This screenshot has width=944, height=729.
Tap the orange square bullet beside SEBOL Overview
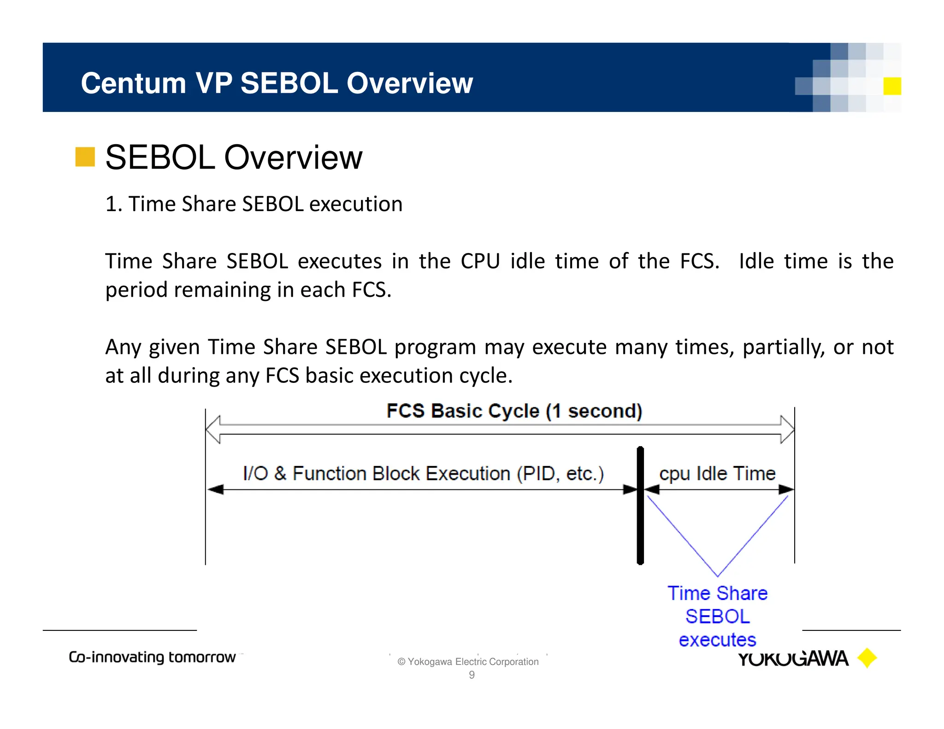tap(85, 157)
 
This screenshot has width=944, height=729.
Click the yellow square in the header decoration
tap(892, 86)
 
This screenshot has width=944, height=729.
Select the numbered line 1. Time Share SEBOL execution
tap(254, 204)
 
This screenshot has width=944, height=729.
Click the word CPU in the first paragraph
tap(480, 261)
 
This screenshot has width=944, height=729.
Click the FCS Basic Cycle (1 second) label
tap(514, 411)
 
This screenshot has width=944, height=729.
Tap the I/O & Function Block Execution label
tap(423, 474)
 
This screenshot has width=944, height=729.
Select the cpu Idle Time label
tap(717, 474)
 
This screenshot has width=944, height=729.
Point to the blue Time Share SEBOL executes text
tap(717, 616)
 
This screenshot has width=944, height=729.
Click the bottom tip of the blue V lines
tap(717, 576)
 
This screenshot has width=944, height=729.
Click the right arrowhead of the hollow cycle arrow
tap(787, 429)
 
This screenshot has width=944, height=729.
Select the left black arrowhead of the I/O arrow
tap(215, 489)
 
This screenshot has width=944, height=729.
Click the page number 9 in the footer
tap(472, 675)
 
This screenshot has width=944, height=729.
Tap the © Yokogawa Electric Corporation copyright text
tap(468, 662)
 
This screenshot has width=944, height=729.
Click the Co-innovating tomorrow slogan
tap(152, 657)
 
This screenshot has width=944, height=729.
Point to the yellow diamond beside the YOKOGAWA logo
tap(867, 658)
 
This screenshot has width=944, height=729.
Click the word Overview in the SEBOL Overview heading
tap(293, 158)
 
